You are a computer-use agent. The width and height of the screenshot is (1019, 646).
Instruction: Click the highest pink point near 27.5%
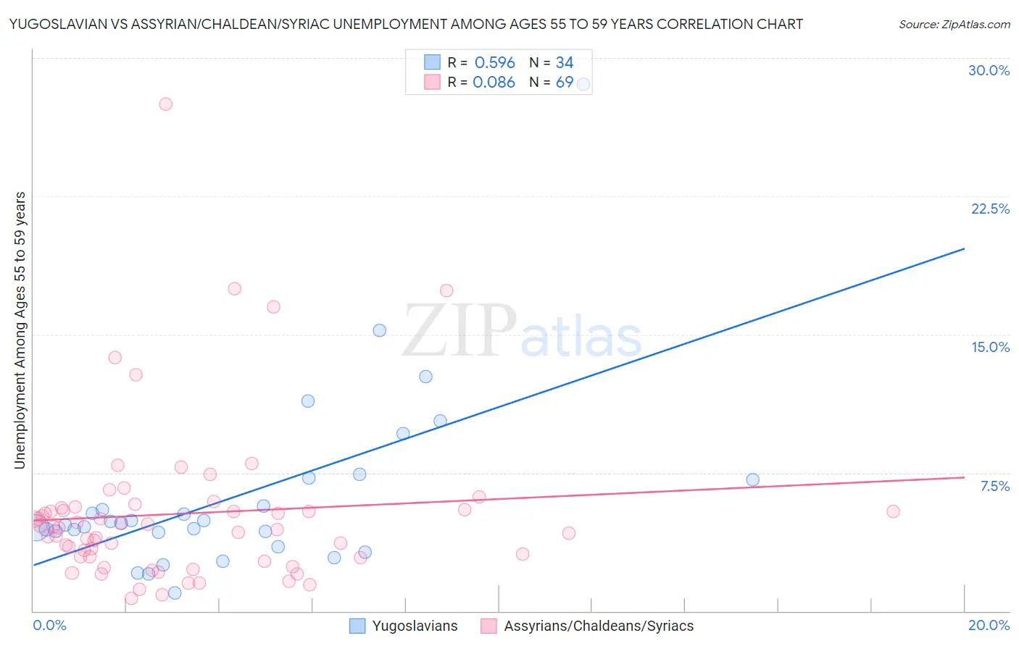point(165,104)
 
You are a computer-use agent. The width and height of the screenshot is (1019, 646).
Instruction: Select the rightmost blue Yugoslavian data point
point(752,480)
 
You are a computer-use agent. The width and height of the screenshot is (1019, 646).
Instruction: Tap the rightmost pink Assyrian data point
point(893,511)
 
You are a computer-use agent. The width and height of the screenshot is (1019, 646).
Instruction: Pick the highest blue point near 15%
point(379,330)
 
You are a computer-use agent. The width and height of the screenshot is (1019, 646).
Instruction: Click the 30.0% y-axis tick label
point(989,71)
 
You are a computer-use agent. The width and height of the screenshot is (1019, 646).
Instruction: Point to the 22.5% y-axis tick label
point(990,209)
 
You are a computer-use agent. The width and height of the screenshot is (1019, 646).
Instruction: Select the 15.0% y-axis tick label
point(990,348)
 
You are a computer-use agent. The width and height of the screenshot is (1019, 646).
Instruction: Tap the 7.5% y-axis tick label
point(994,487)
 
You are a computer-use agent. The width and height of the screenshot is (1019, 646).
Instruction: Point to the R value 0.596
point(494,63)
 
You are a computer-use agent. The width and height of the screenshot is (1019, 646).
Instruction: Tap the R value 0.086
point(494,83)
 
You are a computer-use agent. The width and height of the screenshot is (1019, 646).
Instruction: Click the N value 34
point(564,63)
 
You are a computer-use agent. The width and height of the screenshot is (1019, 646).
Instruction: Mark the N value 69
point(564,83)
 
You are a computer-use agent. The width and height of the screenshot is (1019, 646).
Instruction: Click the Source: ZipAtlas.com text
point(954,25)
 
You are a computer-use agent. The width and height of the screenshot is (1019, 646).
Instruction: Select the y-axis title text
point(20,330)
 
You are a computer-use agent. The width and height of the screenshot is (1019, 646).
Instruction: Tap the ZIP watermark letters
point(459,332)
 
